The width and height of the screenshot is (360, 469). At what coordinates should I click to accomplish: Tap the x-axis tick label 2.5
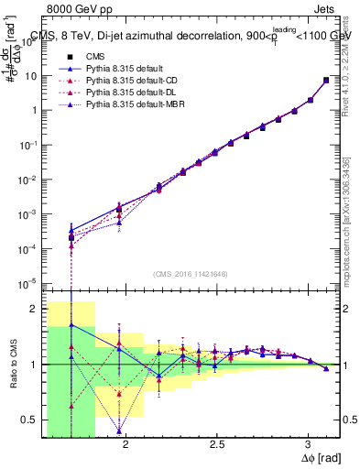217,445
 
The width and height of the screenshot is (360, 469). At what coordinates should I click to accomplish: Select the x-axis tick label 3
309,445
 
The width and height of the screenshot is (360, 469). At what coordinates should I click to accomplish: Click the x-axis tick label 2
125,445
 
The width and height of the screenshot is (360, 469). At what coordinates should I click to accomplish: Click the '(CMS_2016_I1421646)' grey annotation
191,274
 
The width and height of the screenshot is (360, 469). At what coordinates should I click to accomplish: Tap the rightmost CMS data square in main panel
326,81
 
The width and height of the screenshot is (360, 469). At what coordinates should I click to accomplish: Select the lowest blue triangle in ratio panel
119,431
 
